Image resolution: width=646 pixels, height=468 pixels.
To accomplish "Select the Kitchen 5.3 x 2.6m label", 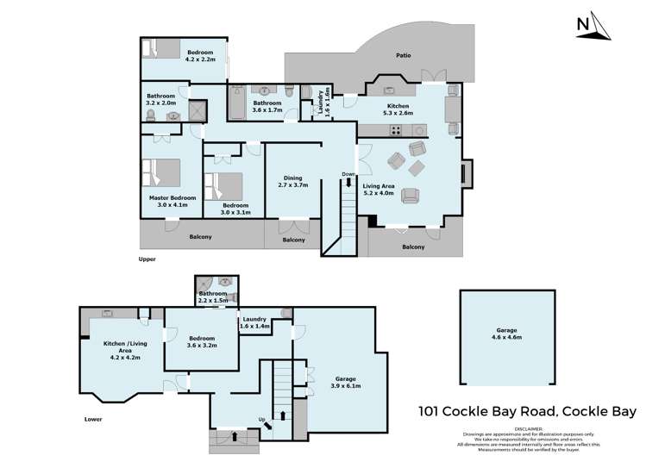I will point(398,109).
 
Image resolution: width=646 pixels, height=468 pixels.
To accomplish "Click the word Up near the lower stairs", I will point(263,420).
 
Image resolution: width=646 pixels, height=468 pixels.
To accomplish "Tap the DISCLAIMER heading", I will point(528,427).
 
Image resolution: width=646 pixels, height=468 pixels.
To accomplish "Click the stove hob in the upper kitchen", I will point(398,131).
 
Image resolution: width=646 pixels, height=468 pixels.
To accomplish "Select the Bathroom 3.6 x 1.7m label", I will point(261,107).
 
